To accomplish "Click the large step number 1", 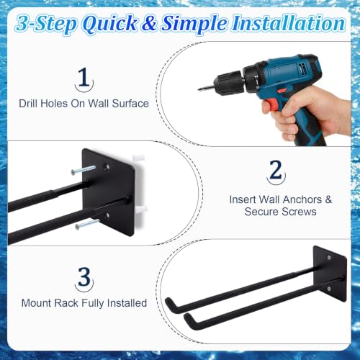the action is [84, 77].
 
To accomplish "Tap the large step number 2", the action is [276, 170].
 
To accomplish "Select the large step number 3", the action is [84, 276].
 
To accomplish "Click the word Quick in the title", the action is [109, 24].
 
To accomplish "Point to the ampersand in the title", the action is [149, 23].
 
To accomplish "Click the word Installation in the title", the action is [288, 23].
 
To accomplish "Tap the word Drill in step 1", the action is [28, 104].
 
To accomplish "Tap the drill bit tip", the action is [199, 90].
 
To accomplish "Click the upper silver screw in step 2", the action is [83, 170].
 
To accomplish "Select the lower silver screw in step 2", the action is [87, 224].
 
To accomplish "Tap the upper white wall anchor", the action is [139, 158].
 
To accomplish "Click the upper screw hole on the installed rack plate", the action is [329, 258].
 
